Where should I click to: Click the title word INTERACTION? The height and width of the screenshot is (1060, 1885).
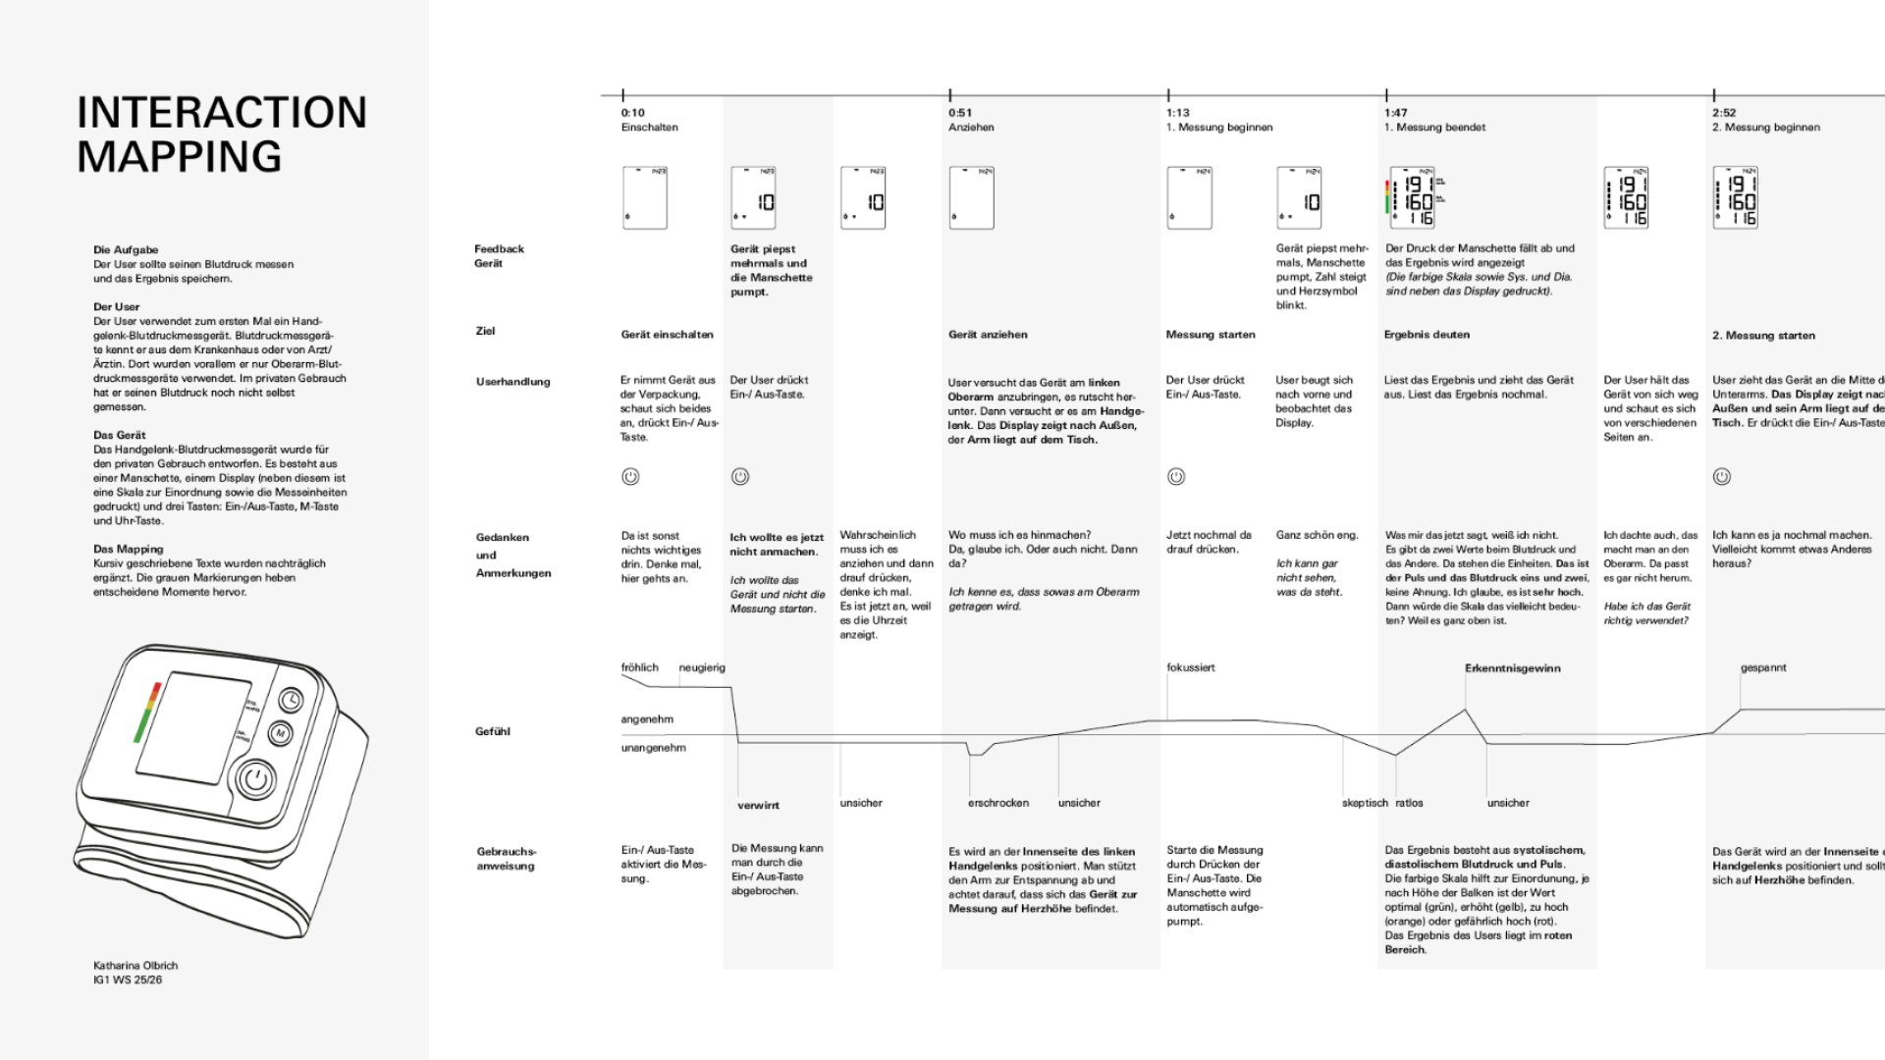[x=222, y=113]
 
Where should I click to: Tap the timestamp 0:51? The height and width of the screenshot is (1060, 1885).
[x=960, y=113]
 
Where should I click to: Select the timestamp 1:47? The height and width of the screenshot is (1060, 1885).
[x=1396, y=113]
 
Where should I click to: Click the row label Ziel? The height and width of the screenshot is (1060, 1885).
[x=485, y=332]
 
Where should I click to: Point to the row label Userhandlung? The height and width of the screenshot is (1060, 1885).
[x=512, y=382]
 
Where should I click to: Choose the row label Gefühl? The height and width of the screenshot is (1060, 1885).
[x=492, y=731]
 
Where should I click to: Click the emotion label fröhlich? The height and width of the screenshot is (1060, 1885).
[x=639, y=668]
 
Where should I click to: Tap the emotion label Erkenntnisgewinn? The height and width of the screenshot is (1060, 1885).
[x=1512, y=668]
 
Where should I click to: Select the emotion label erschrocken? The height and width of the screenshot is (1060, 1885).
[x=997, y=803]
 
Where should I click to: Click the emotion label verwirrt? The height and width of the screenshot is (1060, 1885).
[x=758, y=806]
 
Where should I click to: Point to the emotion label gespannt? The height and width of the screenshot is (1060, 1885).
[x=1763, y=668]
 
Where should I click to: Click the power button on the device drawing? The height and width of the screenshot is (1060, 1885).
[x=256, y=780]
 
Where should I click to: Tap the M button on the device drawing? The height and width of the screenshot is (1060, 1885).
[x=280, y=733]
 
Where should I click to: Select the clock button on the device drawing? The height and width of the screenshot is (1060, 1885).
[x=291, y=700]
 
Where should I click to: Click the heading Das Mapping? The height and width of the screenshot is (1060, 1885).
[x=129, y=550]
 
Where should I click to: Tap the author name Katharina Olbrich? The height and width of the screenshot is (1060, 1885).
[x=135, y=966]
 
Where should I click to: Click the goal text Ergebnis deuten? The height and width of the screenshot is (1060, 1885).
[x=1427, y=335]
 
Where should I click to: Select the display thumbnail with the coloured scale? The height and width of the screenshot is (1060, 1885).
[x=1415, y=198]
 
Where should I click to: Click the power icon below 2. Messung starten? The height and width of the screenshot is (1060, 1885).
[x=1721, y=477]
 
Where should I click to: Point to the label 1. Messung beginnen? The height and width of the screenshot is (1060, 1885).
[x=1219, y=128]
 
